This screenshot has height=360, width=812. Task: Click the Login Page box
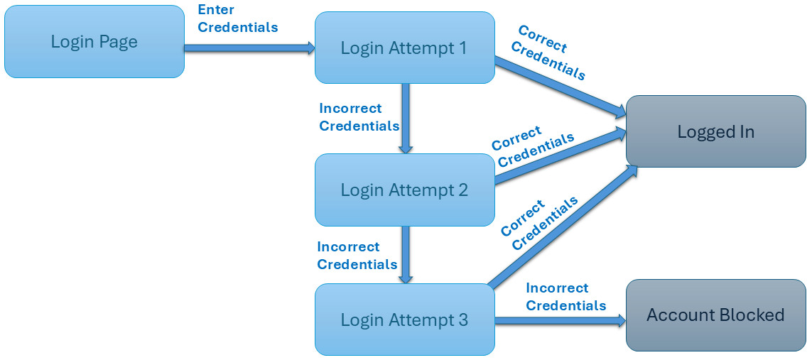tap(94, 42)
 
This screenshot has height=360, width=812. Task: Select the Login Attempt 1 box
tap(404, 48)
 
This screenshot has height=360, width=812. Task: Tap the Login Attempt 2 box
tap(404, 190)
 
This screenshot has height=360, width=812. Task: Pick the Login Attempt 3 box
tap(404, 320)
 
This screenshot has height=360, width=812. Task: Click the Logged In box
tap(715, 131)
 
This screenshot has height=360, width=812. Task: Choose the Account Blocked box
tap(715, 315)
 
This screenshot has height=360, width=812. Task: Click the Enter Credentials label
tap(237, 18)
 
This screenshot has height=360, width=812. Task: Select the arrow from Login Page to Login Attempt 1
tap(249, 48)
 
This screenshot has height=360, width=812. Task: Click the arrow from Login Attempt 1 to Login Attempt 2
tap(406, 117)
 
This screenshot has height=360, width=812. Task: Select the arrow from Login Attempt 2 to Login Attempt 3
tap(406, 254)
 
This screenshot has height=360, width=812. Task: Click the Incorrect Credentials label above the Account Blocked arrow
tap(565, 297)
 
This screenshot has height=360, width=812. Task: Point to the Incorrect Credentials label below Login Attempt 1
tap(359, 117)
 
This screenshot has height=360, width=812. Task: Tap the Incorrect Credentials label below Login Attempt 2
tap(357, 256)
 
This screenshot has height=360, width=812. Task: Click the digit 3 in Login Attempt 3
tap(462, 320)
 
